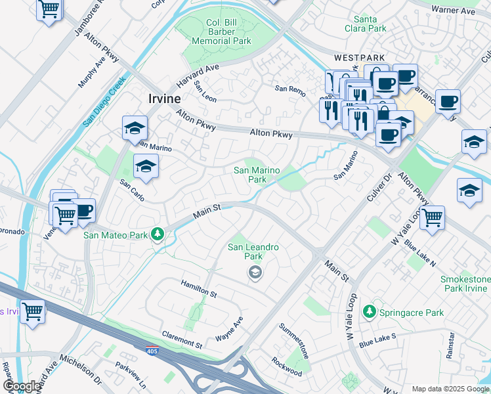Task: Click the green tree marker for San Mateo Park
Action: [x=157, y=234]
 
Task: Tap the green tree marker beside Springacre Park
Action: [x=370, y=311]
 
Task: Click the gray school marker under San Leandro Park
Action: [x=255, y=273]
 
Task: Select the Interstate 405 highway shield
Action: [x=152, y=351]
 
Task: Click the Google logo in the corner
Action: [x=22, y=386]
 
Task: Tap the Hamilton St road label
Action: [x=199, y=287]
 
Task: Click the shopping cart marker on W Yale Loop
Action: [x=432, y=217]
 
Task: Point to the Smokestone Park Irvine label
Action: [x=465, y=284]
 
